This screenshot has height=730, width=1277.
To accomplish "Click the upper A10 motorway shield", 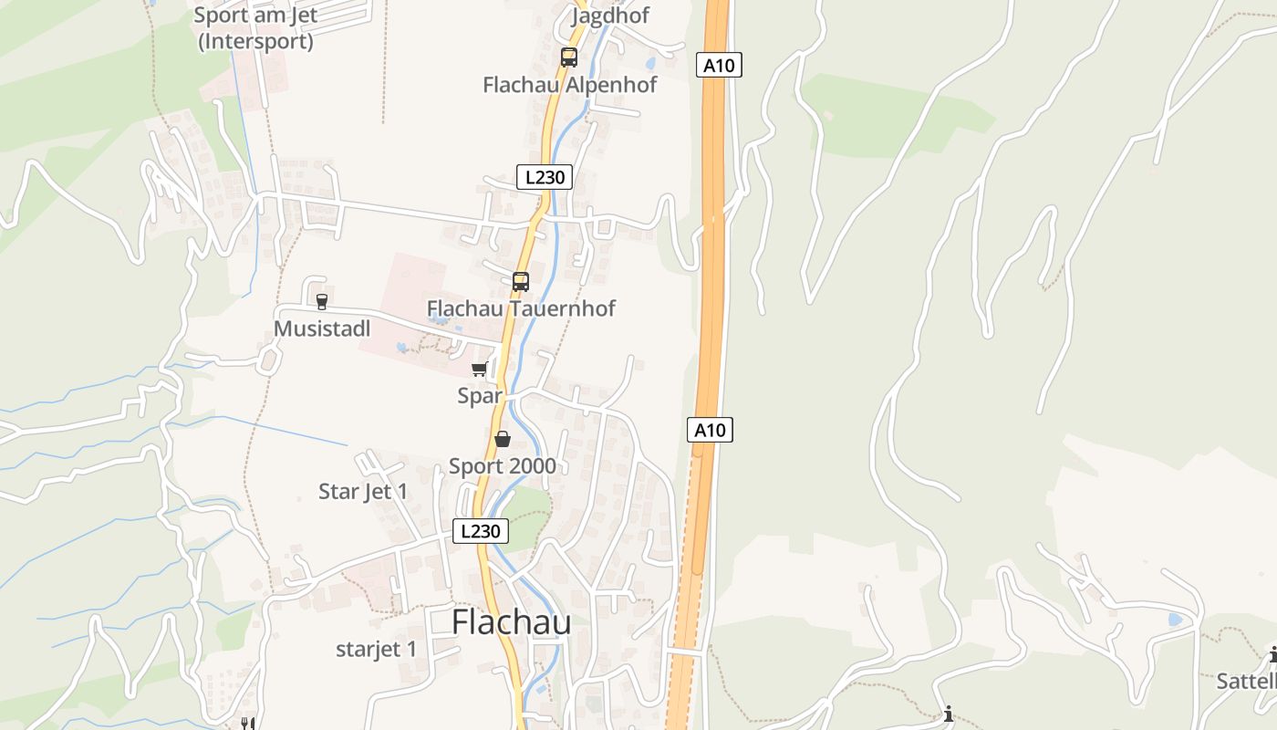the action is click(x=720, y=65).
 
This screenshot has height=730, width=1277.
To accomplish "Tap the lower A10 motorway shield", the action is click(x=710, y=430).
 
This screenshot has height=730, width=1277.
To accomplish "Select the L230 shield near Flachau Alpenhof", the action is click(x=545, y=177).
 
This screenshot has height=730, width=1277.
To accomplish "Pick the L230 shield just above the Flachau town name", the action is click(x=481, y=531).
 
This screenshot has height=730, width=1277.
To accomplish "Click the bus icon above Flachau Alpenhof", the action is click(x=569, y=57).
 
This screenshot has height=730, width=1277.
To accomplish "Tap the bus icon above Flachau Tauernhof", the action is click(x=521, y=281).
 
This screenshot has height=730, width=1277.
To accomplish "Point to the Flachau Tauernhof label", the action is click(x=521, y=308).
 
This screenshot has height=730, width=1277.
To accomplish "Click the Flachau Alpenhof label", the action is click(x=569, y=85).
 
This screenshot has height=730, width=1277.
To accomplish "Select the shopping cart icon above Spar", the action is click(x=479, y=369).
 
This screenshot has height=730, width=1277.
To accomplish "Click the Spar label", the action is click(x=480, y=396).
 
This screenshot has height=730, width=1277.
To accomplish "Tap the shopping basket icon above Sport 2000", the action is click(x=502, y=440).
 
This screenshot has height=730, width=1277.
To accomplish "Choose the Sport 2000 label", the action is click(x=502, y=466).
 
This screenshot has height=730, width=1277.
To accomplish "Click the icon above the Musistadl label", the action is click(x=321, y=301).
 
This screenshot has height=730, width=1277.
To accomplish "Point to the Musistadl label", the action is click(x=322, y=328).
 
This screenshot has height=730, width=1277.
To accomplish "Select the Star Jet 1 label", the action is click(x=363, y=492).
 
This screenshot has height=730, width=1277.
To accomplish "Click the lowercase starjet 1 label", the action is click(x=376, y=650).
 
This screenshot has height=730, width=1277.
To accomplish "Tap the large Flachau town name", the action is click(x=512, y=622).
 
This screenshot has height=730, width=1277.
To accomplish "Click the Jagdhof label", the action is click(x=610, y=16).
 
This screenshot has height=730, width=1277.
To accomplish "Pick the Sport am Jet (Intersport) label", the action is click(x=255, y=28).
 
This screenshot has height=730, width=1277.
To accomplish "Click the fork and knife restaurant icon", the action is click(x=246, y=723).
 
